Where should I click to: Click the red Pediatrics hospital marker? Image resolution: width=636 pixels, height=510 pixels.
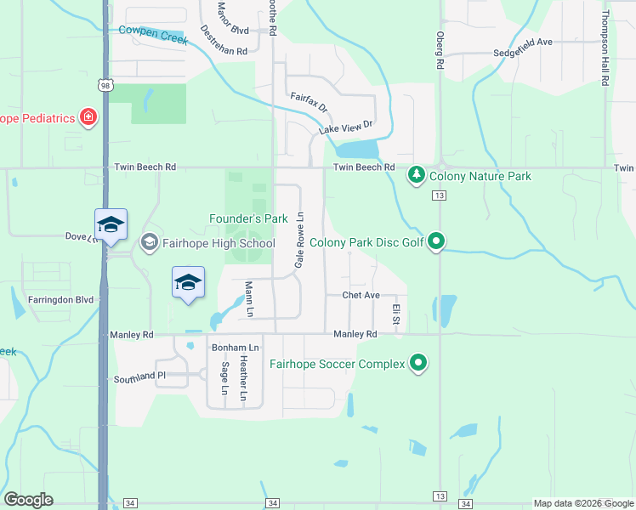[88, 117]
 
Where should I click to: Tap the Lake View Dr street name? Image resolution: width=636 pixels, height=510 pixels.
[346, 127]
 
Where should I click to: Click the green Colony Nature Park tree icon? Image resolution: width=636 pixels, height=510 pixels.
[416, 176]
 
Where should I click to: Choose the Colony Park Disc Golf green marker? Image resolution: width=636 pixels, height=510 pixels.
[436, 242]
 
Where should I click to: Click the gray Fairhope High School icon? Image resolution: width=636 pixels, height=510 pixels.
[149, 243]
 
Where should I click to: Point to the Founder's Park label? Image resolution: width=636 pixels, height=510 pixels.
[249, 218]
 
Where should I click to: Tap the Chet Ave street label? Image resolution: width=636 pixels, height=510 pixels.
[361, 295]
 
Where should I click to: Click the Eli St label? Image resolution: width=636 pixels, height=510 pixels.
[395, 314]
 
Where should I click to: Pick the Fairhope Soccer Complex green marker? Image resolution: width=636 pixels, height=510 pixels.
[417, 364]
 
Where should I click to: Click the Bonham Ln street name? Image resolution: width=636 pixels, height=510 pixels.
[236, 348]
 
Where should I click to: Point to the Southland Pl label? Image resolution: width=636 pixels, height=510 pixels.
[139, 376]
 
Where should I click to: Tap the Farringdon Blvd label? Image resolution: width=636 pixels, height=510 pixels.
[60, 300]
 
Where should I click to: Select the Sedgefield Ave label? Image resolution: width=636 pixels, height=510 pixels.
[523, 41]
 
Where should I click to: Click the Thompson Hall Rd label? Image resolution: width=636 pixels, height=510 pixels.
[605, 48]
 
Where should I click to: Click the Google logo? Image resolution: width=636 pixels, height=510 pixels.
[28, 500]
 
